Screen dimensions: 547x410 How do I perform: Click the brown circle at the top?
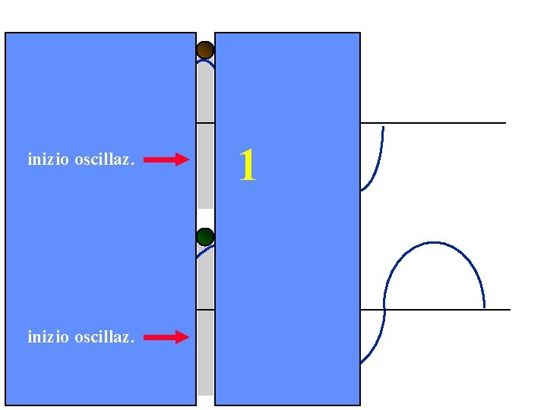pyautogui.click(x=205, y=51)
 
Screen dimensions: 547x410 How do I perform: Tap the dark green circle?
pyautogui.click(x=205, y=236)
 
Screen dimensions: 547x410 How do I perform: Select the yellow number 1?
pyautogui.click(x=247, y=165)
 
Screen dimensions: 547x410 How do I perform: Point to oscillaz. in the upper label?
pyautogui.click(x=104, y=159)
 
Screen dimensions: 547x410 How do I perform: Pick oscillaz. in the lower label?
pyautogui.click(x=104, y=336)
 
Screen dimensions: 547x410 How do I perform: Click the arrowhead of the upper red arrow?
pyautogui.click(x=182, y=159)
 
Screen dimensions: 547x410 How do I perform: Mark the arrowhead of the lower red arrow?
pyautogui.click(x=182, y=336)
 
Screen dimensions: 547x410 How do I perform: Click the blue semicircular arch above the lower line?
pyautogui.click(x=435, y=244)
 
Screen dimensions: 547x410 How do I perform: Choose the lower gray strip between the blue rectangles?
pyautogui.click(x=205, y=349)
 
